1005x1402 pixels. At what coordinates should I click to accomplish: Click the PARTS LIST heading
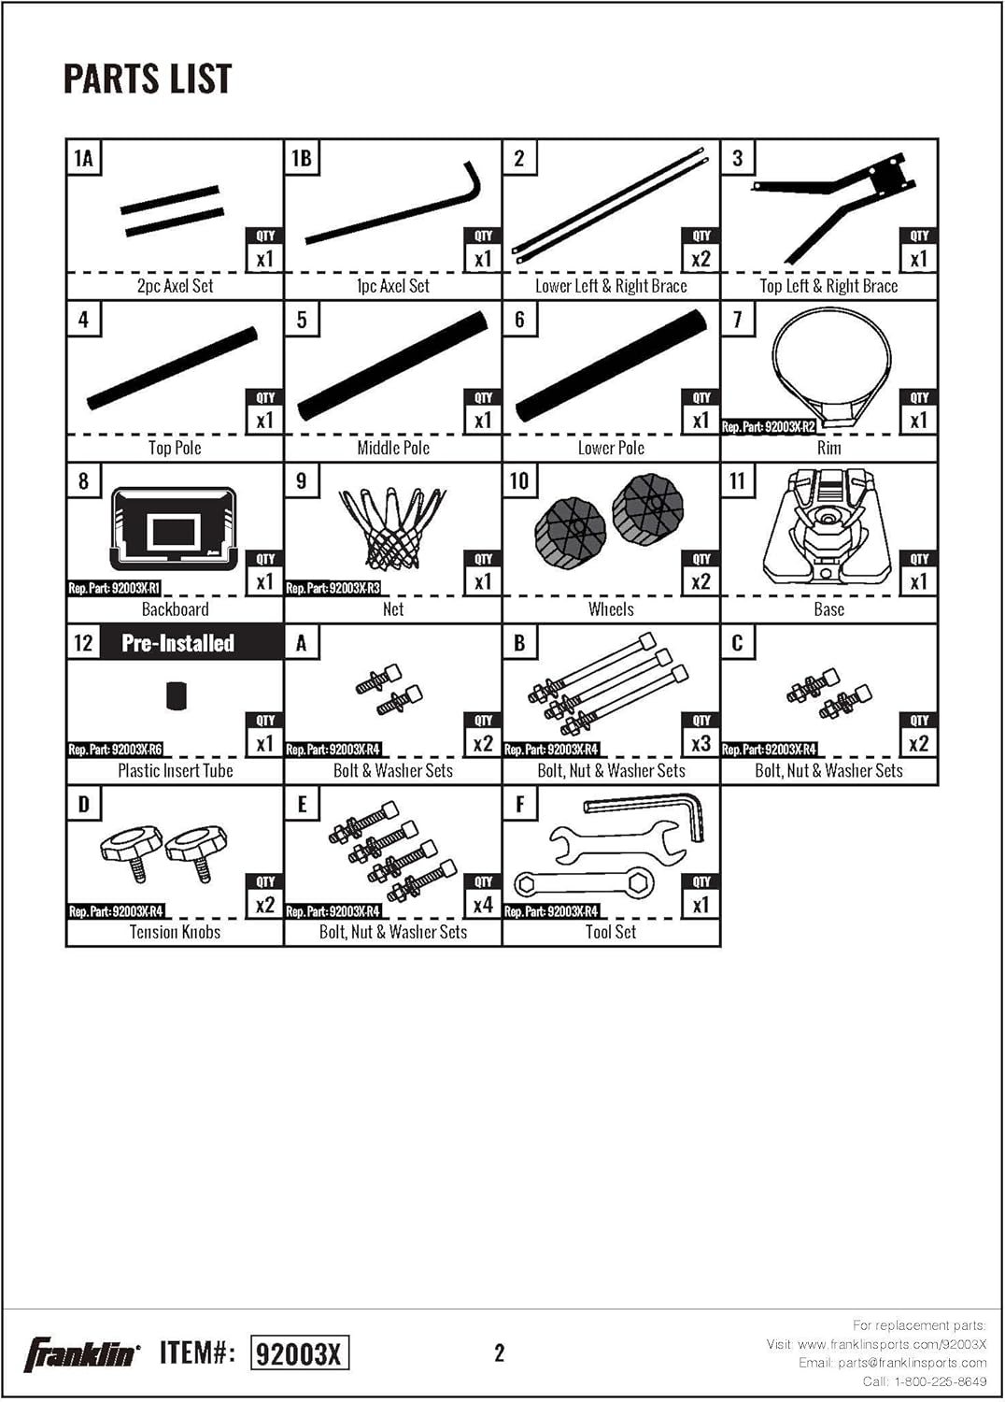(x=148, y=79)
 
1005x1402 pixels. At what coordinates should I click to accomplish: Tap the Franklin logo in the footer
(x=81, y=1353)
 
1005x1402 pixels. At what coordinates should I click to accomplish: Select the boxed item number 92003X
(x=299, y=1353)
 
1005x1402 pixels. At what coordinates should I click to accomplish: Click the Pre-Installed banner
(x=177, y=643)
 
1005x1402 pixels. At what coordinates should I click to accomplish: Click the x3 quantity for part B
(x=701, y=743)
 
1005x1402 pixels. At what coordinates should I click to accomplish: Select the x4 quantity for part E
(x=484, y=905)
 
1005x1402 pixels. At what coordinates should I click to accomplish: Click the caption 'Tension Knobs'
(x=175, y=932)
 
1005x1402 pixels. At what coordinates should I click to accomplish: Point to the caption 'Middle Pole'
(x=393, y=448)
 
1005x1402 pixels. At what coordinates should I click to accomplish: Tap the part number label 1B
(x=302, y=158)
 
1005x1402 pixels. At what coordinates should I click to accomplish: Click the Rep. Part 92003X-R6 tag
(x=115, y=750)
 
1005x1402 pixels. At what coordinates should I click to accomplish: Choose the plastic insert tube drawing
(x=177, y=696)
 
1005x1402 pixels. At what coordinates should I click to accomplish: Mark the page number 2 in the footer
(x=499, y=1353)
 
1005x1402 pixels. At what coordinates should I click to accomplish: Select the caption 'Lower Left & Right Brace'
(x=611, y=286)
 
